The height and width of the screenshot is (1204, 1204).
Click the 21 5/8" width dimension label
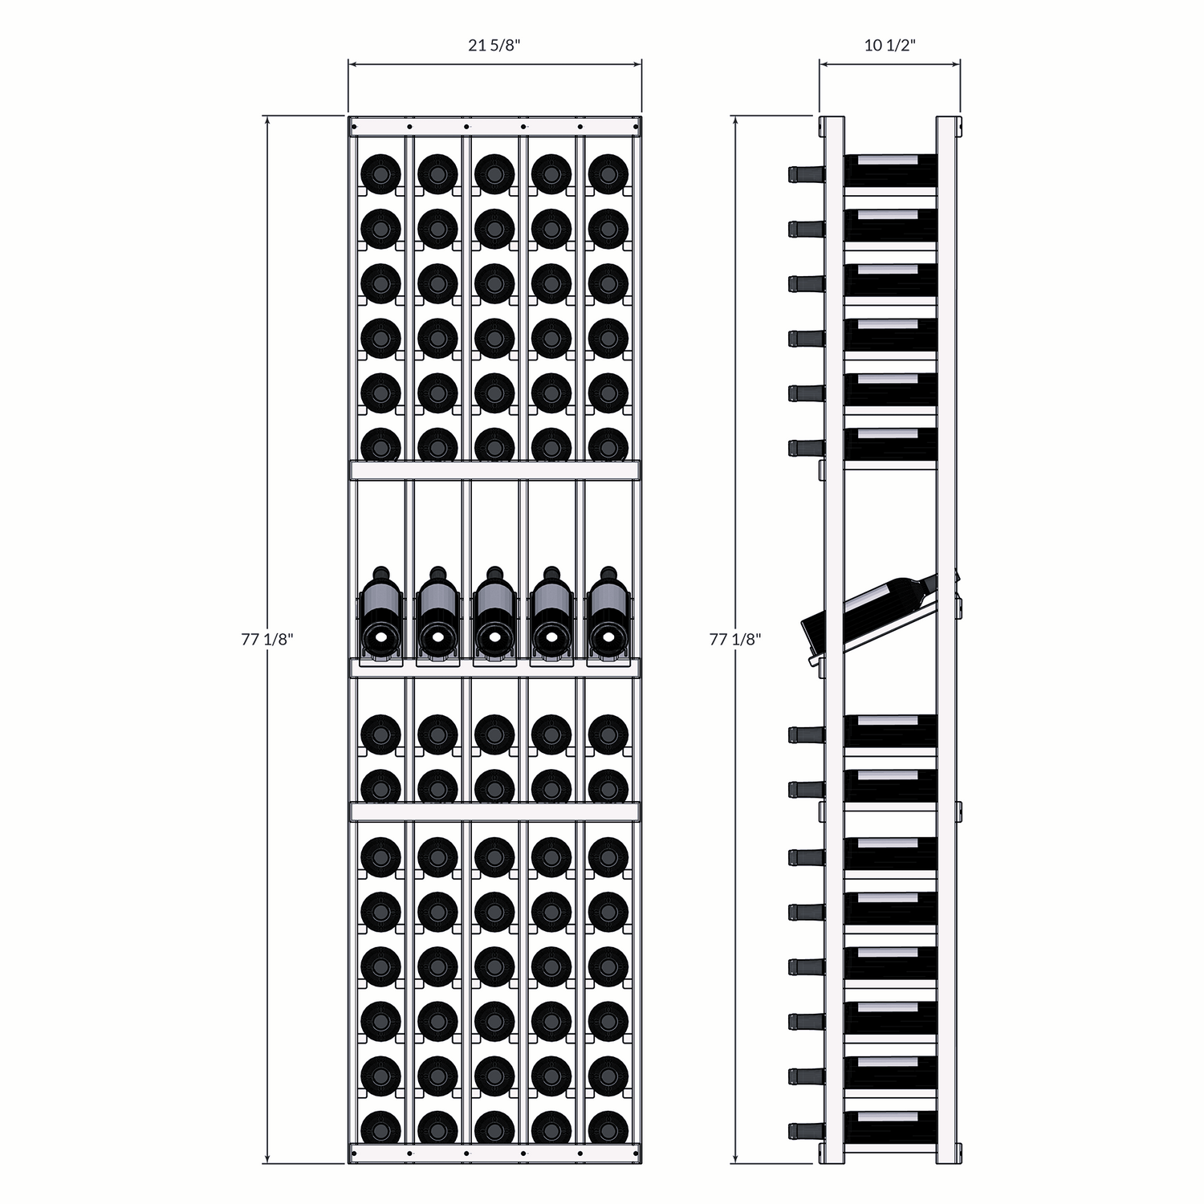(494, 45)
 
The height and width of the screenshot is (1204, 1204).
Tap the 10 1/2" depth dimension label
(889, 45)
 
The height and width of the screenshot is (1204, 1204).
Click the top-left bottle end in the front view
(380, 174)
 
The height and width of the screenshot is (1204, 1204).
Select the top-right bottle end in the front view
(608, 174)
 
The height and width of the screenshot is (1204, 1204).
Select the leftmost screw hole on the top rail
(409, 126)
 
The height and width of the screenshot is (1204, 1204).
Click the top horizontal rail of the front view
(494, 126)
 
